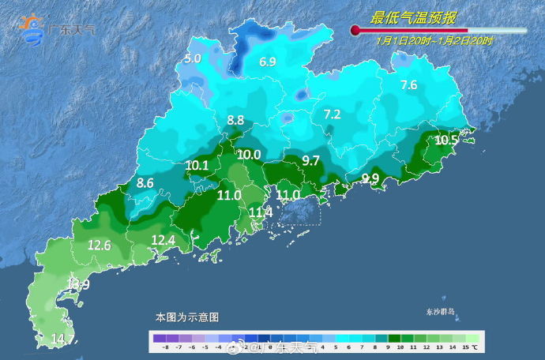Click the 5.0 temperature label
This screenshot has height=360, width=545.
tap(193, 58)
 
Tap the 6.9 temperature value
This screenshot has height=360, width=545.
tap(268, 62)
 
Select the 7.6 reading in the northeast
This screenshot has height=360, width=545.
tap(408, 85)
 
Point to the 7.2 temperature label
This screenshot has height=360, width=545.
tap(332, 114)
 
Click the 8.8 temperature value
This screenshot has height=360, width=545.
tap(235, 121)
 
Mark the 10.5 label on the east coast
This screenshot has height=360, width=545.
tap(446, 140)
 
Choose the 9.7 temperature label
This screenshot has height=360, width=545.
tap(311, 160)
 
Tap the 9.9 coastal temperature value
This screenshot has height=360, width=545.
tap(370, 178)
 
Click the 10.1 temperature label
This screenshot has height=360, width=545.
tap(197, 165)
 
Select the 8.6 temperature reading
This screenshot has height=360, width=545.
tap(145, 183)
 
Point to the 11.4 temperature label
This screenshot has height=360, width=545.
tap(261, 212)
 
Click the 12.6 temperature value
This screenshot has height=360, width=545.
tap(99, 246)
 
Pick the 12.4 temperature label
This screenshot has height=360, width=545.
tap(163, 240)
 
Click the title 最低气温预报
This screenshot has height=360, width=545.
tap(415, 17)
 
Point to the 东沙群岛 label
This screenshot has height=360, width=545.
tap(436, 312)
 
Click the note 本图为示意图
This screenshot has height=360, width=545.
tap(186, 317)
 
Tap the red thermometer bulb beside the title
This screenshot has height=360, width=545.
tap(355, 31)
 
